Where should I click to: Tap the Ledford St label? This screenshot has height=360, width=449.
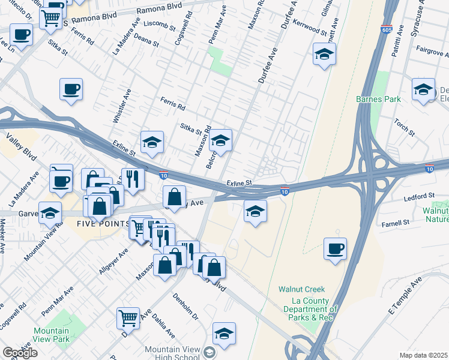pyautogui.click(x=419, y=196)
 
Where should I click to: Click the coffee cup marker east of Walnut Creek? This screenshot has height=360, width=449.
pyautogui.click(x=336, y=248)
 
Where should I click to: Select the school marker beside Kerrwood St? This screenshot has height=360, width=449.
pyautogui.click(x=324, y=55)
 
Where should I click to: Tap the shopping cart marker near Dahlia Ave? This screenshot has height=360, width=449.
pyautogui.click(x=128, y=318)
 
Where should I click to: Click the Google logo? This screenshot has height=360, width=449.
pyautogui.click(x=20, y=353)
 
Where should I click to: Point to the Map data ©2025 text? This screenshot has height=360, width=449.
pyautogui.click(x=423, y=355)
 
